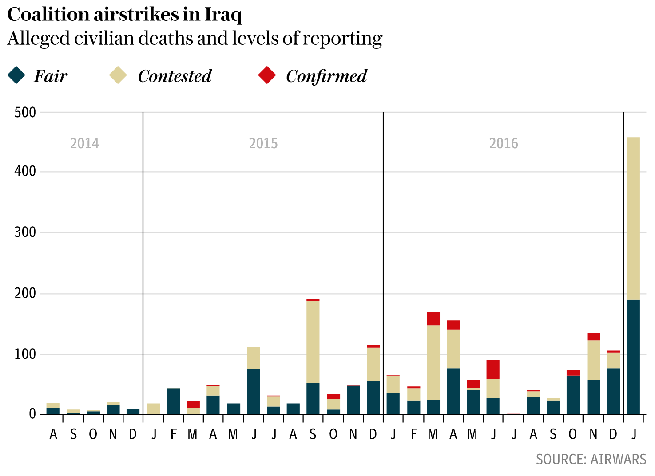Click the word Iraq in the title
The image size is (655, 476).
[x=223, y=15]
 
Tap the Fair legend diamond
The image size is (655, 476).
[x=16, y=75]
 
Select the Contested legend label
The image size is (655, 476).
[x=175, y=76]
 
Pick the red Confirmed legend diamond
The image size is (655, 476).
[x=267, y=75]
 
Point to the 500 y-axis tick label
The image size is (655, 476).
[x=25, y=113]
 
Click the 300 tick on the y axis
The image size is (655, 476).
[x=25, y=232]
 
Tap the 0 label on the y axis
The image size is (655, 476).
[x=32, y=414]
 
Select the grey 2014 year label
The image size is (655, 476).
[x=84, y=143]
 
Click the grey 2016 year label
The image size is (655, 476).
[x=504, y=143]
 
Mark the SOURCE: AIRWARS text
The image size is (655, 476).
[x=591, y=460]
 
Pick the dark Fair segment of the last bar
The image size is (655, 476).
[x=633, y=357]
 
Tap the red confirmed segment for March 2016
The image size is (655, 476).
[x=433, y=319]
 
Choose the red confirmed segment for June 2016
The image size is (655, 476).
[x=493, y=370]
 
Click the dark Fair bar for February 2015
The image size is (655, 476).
[x=174, y=401]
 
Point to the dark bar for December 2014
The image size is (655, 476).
[x=133, y=411]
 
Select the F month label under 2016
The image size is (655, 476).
[x=414, y=435]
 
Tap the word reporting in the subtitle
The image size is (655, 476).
[x=342, y=39]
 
